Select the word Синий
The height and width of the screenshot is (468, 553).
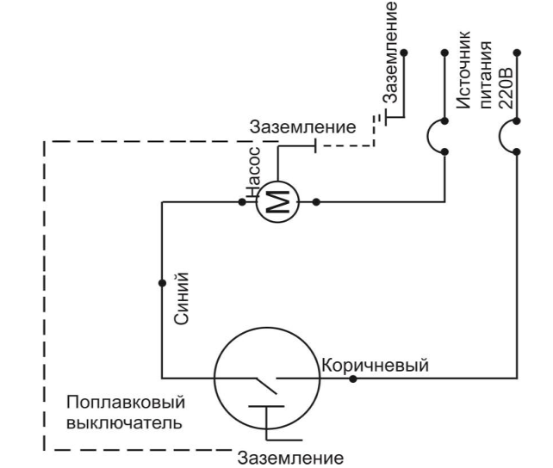click(x=181, y=298)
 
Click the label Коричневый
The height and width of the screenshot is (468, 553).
click(x=376, y=365)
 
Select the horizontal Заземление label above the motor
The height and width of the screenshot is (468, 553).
click(x=301, y=127)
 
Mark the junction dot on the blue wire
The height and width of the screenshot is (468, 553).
click(x=161, y=282)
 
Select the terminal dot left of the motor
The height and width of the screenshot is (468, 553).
click(x=242, y=202)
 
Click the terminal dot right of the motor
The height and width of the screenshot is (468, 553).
click(x=317, y=202)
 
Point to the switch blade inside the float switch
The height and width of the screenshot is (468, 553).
click(x=270, y=382)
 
